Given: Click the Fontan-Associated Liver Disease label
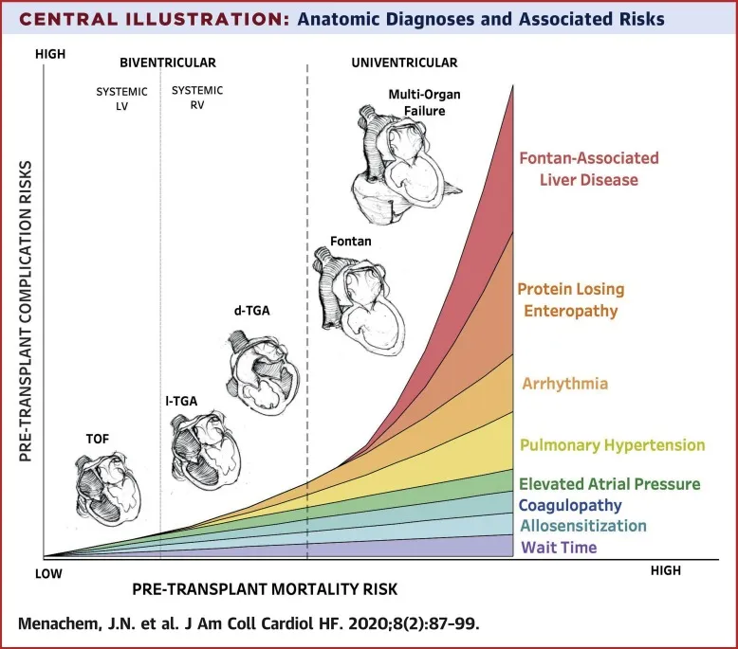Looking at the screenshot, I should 588,169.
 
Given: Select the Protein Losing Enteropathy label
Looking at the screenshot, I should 570,299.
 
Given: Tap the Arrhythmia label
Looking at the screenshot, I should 564,384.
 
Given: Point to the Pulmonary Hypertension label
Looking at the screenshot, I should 613,444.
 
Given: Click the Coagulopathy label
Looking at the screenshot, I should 570,505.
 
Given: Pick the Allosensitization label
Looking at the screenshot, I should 583,526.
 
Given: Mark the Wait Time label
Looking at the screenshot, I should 559,548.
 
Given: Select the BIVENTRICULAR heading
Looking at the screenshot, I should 168,63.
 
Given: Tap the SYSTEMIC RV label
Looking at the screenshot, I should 198,97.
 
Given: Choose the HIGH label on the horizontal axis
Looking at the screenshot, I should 665,570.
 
